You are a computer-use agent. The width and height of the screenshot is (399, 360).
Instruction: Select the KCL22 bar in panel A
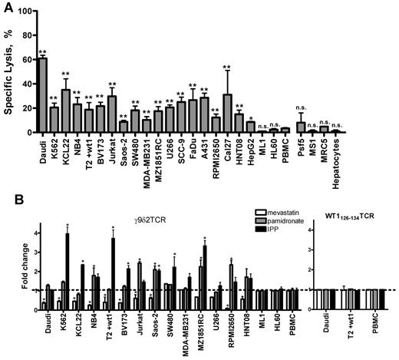[x=66, y=111]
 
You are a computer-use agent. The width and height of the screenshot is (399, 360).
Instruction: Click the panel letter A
[x=7, y=7]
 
